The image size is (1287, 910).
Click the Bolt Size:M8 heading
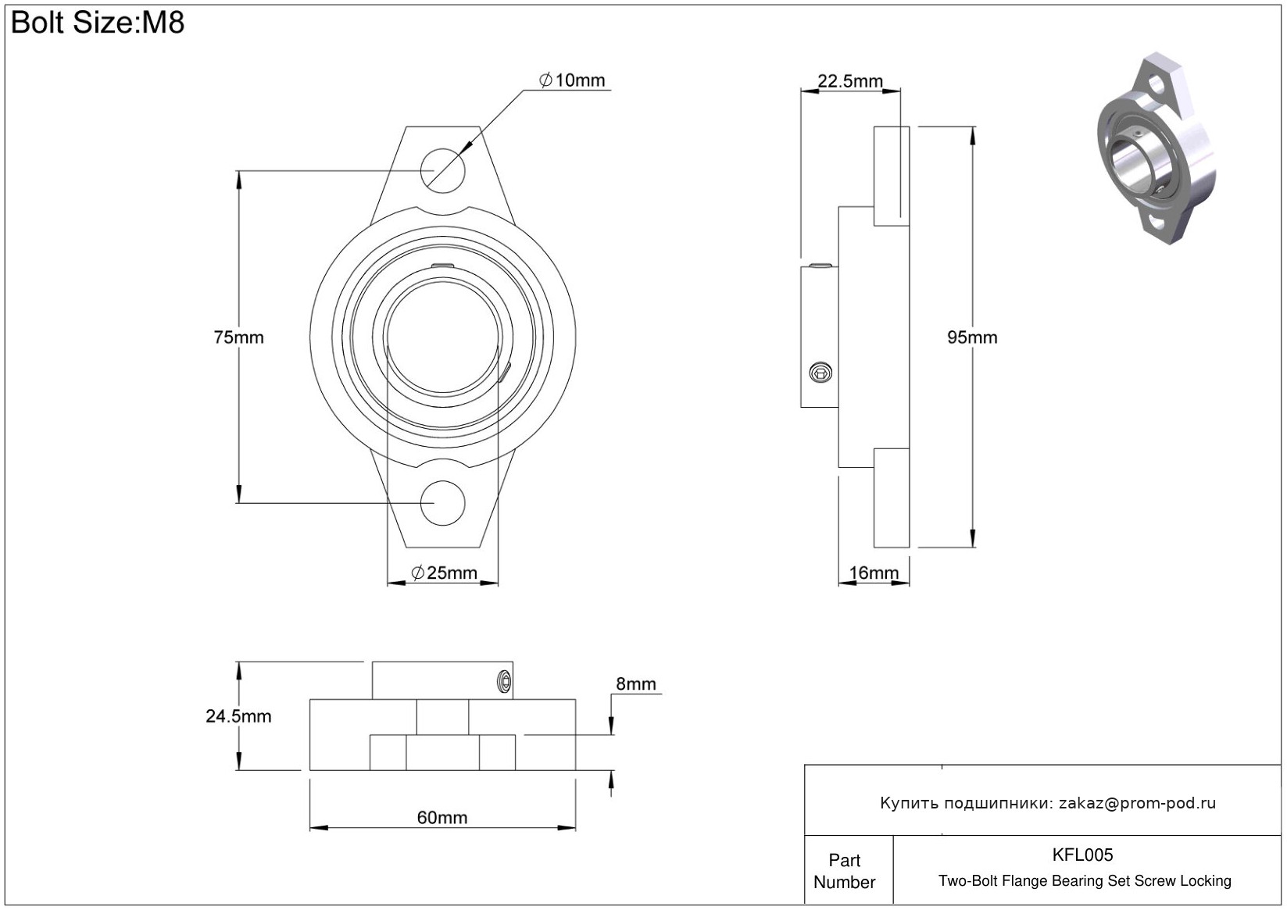(x=98, y=23)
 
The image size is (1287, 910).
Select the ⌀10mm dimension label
(x=573, y=80)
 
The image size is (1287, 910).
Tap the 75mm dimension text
(x=238, y=337)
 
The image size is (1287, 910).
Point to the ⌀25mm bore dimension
(x=444, y=573)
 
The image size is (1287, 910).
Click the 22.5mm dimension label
(x=850, y=81)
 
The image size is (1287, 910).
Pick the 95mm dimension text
(x=972, y=337)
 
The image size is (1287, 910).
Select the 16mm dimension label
(x=874, y=573)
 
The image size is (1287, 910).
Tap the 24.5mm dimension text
(x=238, y=716)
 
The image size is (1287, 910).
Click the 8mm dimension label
(x=636, y=684)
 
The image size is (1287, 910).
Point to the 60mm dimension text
(x=442, y=818)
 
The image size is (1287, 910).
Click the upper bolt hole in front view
(x=443, y=168)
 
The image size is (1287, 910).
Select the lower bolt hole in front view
(x=443, y=503)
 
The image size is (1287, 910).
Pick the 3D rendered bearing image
(x=1157, y=148)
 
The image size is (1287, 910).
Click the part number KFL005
(x=1082, y=855)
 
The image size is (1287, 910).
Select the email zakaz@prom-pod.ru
(x=1137, y=803)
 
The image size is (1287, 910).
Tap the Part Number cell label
(x=845, y=871)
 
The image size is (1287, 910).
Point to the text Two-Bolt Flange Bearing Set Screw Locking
(x=1085, y=881)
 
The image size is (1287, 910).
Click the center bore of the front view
(x=443, y=336)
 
